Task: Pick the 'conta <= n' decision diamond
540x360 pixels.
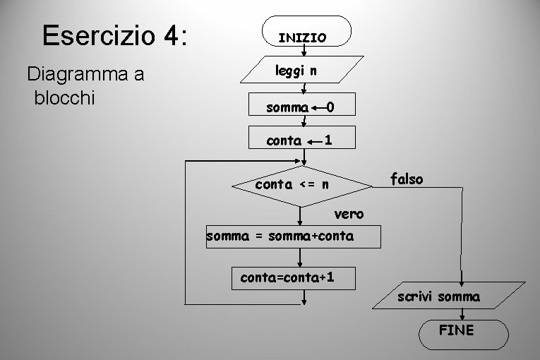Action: (x=302, y=186)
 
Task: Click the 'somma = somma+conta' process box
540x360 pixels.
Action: (x=292, y=236)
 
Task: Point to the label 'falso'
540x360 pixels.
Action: (x=407, y=179)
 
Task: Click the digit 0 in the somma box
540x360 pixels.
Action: (x=330, y=107)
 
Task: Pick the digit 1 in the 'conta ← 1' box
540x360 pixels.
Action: (x=328, y=140)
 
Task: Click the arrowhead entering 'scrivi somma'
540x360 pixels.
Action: (x=462, y=281)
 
